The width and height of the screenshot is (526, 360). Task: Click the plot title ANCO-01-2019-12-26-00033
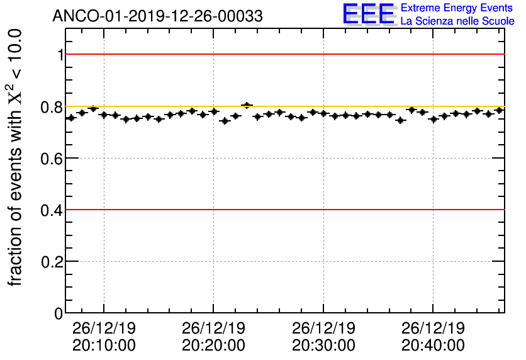(157, 16)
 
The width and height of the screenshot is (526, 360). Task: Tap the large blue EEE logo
(369, 14)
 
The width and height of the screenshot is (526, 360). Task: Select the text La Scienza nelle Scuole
(457, 21)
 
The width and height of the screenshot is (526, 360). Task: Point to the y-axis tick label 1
(60, 55)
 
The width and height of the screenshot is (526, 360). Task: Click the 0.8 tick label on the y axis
(53, 107)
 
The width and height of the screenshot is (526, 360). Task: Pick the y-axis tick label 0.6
(53, 159)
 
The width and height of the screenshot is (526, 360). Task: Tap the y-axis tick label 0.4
(53, 210)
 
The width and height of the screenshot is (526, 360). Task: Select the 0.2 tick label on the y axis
(53, 262)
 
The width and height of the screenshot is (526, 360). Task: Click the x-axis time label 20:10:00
(104, 345)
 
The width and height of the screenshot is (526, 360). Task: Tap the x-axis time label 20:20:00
(214, 345)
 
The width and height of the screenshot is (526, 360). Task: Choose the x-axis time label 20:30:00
(323, 345)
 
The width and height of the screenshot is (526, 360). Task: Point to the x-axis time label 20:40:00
(434, 345)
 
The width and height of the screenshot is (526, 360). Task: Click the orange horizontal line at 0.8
(315, 106)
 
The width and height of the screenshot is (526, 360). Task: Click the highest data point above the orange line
(247, 105)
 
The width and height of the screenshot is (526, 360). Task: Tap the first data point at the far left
(71, 118)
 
